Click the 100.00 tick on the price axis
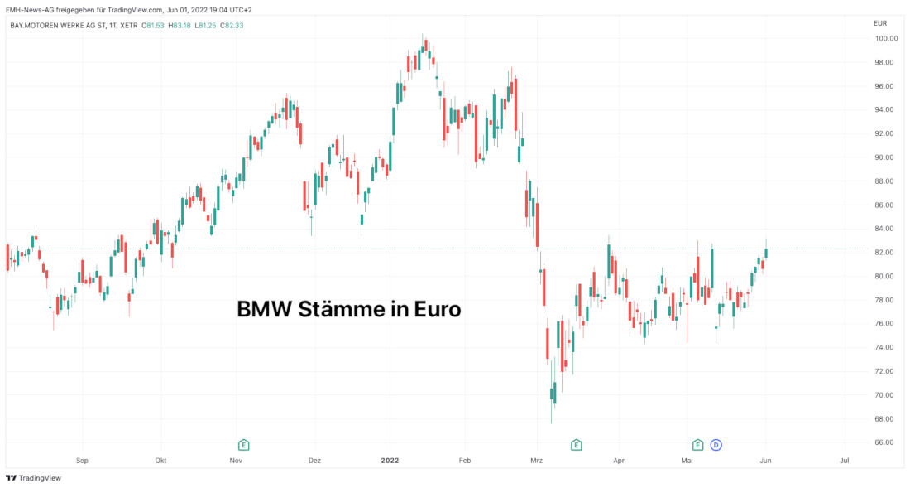pos(886,39)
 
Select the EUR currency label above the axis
pos(880,24)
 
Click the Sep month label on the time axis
pos(81,460)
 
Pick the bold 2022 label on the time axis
pos(390,460)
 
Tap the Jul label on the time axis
pos(844,460)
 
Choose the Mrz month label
pos(536,460)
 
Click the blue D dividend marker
pos(716,445)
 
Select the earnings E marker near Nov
pos(243,445)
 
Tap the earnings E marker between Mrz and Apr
pos(577,445)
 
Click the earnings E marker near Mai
pos(697,445)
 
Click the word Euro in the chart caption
pos(436,309)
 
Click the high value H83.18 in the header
pos(179,25)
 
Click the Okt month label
pos(160,460)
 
